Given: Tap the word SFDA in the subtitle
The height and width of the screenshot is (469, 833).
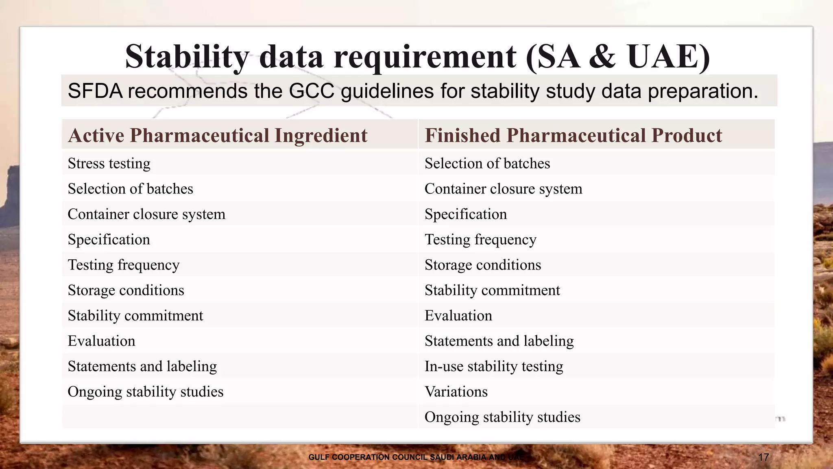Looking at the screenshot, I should point(95,91).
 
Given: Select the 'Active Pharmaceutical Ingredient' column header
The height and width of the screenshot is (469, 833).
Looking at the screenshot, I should point(218,135).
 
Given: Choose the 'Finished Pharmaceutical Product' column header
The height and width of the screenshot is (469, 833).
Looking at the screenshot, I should point(573,135).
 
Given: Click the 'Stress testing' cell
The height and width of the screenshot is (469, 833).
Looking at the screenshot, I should point(109,164).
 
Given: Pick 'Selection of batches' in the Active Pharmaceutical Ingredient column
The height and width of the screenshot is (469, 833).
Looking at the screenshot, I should point(130,189).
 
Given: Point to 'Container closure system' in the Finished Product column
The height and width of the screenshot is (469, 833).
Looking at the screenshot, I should point(503,189).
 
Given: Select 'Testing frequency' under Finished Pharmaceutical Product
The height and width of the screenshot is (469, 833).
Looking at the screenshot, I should point(480,240).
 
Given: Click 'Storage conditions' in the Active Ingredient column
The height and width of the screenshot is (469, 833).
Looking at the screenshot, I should point(126,290).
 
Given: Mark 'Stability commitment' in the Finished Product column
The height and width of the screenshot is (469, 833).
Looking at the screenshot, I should point(492,290).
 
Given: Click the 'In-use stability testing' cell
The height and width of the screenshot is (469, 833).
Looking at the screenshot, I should point(494,366).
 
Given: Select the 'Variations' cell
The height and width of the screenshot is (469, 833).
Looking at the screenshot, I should point(456,392).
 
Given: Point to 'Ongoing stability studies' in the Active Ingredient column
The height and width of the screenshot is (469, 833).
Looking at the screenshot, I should point(145,392).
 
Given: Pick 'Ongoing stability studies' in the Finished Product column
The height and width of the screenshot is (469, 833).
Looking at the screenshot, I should point(502,417).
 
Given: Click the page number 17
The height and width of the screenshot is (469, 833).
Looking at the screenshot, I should point(763,457).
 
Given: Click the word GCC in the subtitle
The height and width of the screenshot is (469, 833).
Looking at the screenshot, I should point(311,91).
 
